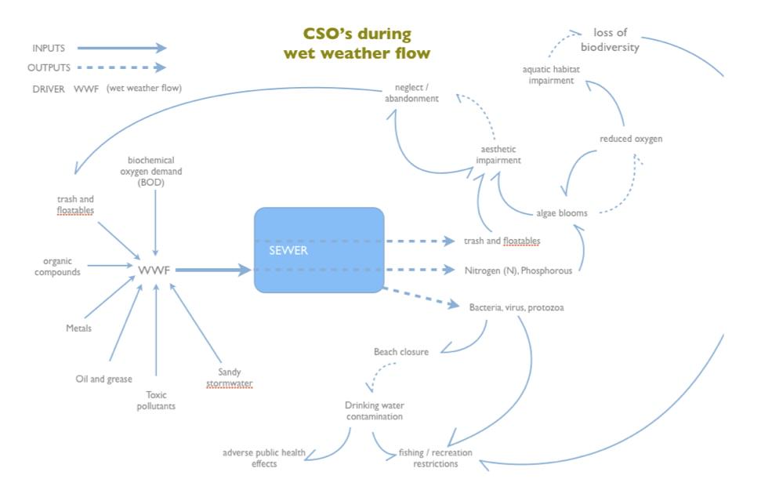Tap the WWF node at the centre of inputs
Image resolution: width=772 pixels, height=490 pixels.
154,270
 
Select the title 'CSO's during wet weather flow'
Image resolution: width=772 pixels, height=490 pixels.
357,44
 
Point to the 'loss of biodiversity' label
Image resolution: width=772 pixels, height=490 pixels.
615,40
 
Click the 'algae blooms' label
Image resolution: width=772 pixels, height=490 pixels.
561,212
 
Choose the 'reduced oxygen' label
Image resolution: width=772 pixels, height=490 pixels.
631,139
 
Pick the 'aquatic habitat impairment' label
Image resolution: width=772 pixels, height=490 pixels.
551,75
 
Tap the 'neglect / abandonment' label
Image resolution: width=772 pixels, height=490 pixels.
411,93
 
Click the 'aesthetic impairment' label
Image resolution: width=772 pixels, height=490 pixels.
498,154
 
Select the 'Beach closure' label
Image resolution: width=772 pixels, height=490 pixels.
400,352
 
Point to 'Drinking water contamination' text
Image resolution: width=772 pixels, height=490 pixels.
374,411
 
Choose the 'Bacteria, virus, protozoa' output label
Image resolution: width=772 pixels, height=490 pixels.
516,307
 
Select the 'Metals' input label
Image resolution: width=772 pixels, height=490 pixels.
78,328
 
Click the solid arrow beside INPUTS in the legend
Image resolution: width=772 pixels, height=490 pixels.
121,48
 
